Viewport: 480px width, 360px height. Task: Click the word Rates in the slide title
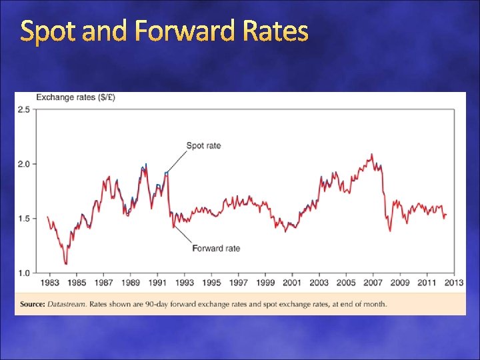tap(275, 31)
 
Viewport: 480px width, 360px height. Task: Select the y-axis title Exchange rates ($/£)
tap(75, 97)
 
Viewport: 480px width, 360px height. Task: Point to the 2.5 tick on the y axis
tap(23, 109)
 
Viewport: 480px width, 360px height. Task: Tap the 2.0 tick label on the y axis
tap(23, 164)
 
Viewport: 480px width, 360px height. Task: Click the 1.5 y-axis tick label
tap(23, 219)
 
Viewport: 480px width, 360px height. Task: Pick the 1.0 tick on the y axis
tap(23, 273)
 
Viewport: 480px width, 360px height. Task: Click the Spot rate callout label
tap(203, 145)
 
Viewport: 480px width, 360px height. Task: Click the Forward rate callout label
tap(216, 249)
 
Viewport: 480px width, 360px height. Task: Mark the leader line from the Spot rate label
tap(176, 160)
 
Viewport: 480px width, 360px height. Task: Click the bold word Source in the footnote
tap(32, 304)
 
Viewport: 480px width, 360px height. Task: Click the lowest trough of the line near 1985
tap(66, 264)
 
